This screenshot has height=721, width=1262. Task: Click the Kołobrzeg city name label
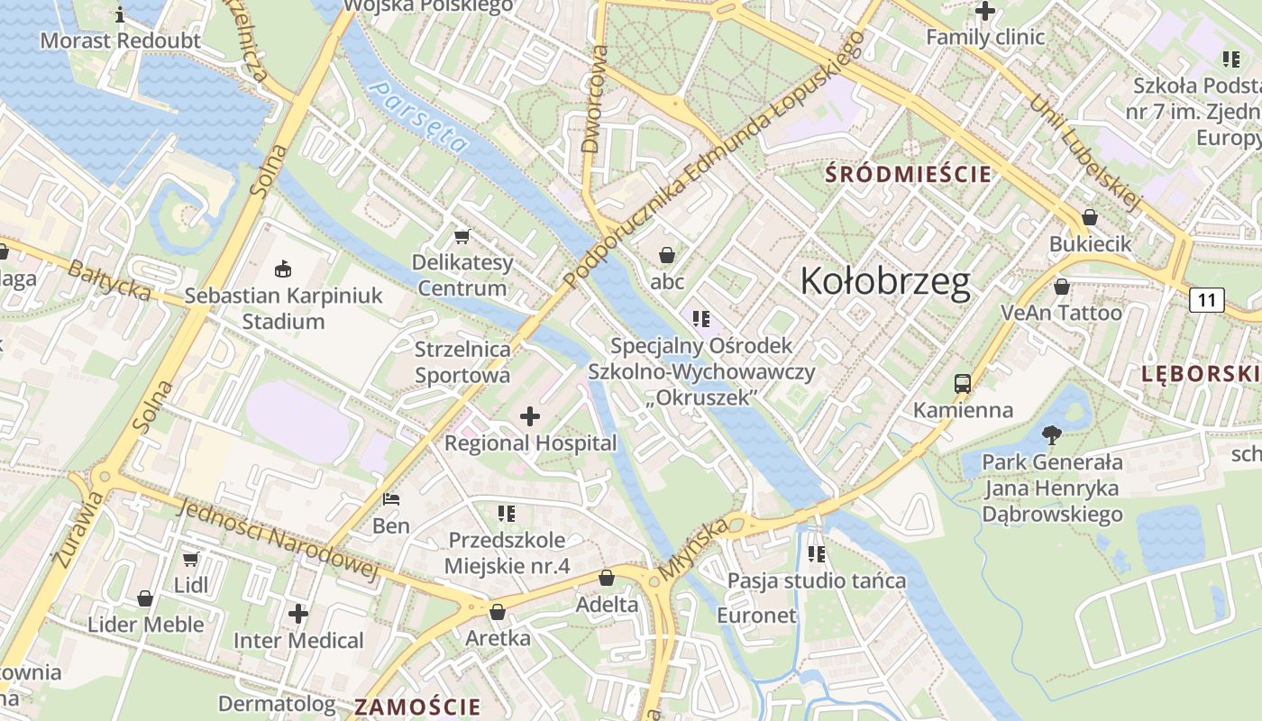click(x=885, y=281)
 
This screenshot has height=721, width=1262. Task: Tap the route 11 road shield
click(x=1207, y=299)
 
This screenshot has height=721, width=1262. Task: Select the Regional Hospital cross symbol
click(x=530, y=416)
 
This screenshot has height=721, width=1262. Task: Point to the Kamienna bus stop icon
click(x=963, y=383)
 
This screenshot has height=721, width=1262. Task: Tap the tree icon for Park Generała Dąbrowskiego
click(x=1051, y=435)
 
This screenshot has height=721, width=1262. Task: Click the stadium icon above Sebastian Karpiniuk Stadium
click(x=283, y=269)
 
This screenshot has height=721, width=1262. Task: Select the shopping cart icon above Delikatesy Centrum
click(x=462, y=236)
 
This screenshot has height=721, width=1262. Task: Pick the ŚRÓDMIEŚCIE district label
click(x=910, y=175)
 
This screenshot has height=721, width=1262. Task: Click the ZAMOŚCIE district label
click(x=417, y=706)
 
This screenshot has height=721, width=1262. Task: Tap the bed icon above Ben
click(x=391, y=498)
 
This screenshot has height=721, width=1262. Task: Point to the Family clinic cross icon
click(x=985, y=12)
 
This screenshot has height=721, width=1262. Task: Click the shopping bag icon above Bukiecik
click(x=1090, y=217)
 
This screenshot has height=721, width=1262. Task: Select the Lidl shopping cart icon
click(x=191, y=559)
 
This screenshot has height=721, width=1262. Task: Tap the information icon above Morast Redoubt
click(x=120, y=14)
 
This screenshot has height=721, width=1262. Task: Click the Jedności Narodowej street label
click(x=276, y=537)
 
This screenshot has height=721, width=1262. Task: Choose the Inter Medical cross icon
click(x=298, y=615)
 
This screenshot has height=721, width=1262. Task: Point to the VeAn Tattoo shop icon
click(x=1062, y=287)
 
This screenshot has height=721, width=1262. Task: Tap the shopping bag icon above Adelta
click(x=607, y=578)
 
